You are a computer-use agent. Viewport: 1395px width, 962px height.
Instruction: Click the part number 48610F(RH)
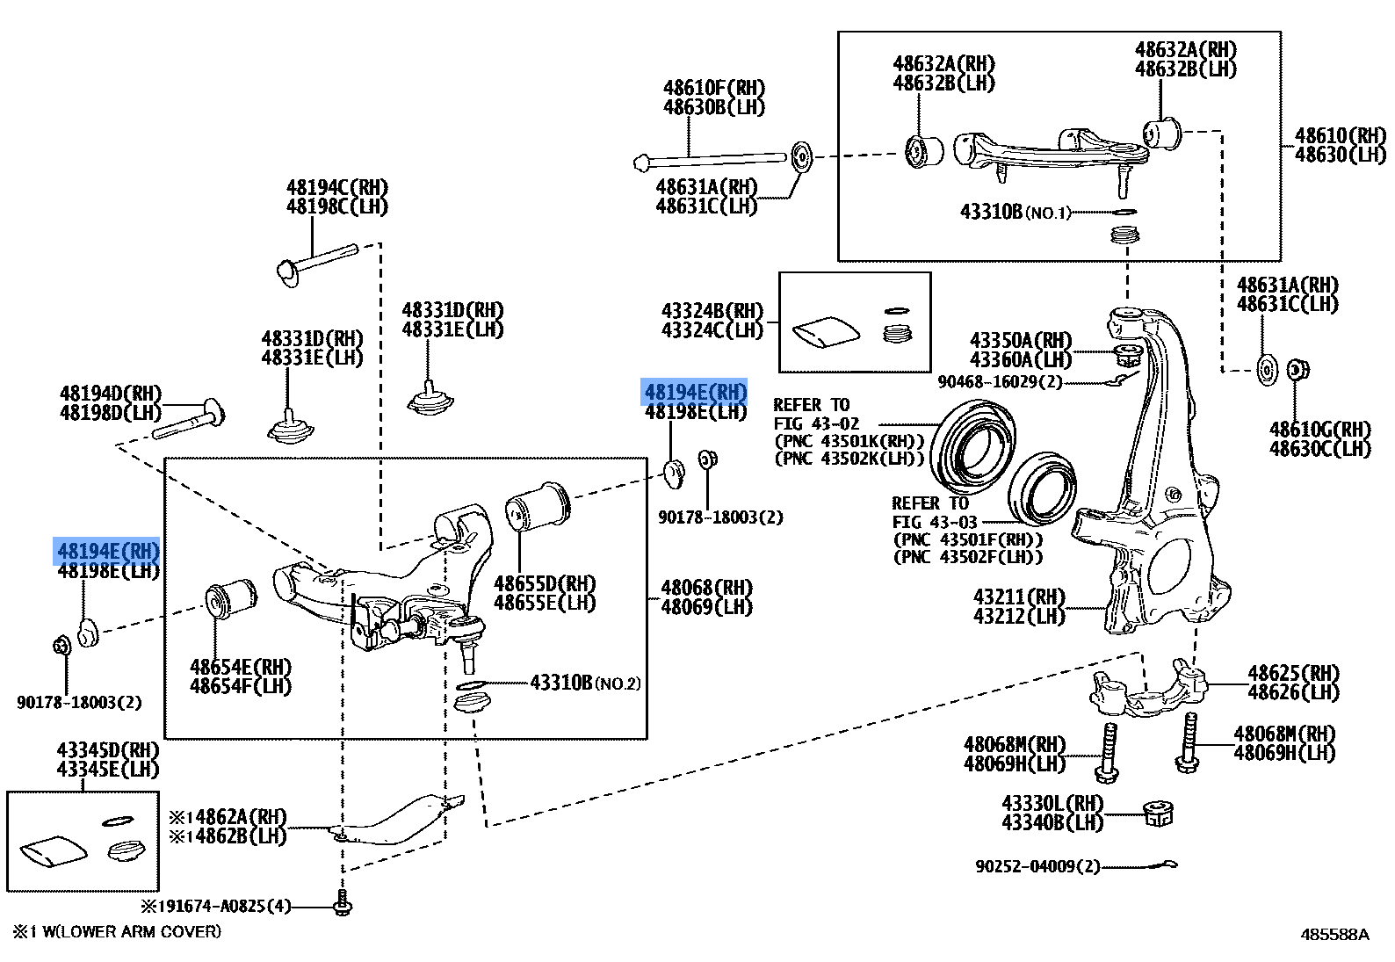pos(713,88)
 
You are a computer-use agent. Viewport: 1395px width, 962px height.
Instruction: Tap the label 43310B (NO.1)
pos(1015,213)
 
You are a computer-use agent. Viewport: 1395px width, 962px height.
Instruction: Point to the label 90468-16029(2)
pos(1000,382)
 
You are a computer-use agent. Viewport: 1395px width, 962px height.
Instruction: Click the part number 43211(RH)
pos(1018,597)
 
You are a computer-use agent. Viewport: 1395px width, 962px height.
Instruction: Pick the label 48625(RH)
pos(1293,674)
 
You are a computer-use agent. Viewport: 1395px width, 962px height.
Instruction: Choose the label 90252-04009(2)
pos(1037,866)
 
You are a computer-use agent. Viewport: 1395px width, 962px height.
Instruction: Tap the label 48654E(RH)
pos(240,667)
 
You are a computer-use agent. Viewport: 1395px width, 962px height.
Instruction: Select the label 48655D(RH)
pos(544,583)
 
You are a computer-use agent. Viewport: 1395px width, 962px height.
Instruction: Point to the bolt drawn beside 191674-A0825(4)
pos(343,905)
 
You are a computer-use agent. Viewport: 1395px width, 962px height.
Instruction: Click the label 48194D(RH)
pos(111,394)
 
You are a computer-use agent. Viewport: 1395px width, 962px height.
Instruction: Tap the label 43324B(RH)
pos(712,311)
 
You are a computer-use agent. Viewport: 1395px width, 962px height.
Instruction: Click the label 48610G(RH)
pos(1319,430)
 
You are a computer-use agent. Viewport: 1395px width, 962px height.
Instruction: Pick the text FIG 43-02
pos(815,423)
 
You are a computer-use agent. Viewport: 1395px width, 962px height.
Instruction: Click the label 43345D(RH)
pos(108,750)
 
